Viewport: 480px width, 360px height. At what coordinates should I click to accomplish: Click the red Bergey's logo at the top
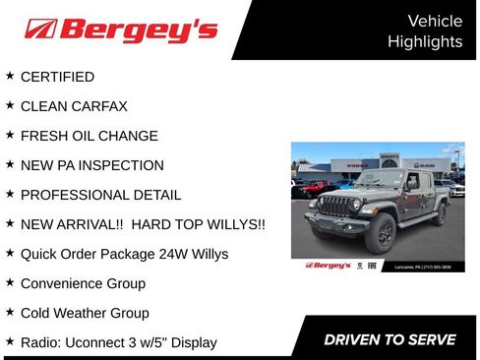pos(121,30)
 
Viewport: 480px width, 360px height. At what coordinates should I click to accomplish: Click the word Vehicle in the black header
pos(434,21)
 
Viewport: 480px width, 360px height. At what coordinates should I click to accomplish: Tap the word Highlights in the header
pos(425,41)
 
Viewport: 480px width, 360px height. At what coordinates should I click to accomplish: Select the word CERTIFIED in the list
pos(57,77)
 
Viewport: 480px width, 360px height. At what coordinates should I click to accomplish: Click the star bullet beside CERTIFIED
pos(10,76)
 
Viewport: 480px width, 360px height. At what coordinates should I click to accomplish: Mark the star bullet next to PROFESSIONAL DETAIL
pos(10,194)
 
